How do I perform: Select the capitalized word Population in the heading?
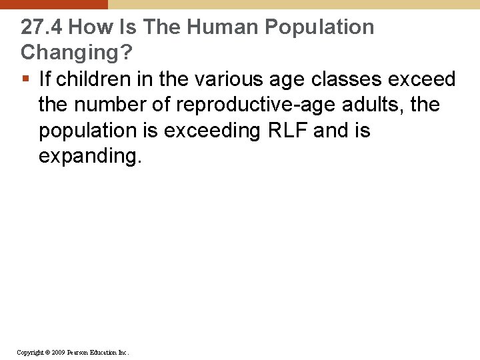tap(319, 27)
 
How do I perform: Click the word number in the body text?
tap(110, 105)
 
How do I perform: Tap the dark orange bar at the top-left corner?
tap(53, 4)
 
